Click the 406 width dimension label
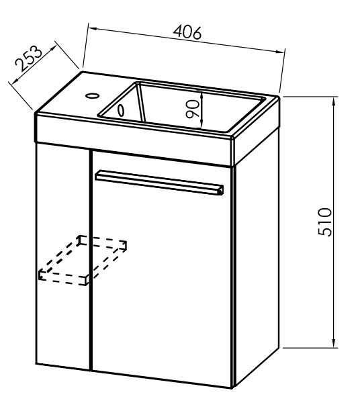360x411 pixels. (x=187, y=32)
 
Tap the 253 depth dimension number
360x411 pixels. (x=28, y=58)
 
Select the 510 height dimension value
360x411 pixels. (x=324, y=222)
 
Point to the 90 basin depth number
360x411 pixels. (x=193, y=109)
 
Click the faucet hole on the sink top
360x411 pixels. (x=92, y=95)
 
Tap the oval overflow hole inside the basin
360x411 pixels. (x=121, y=110)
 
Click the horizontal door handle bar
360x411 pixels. (x=159, y=182)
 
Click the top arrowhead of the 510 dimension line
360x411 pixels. (x=334, y=101)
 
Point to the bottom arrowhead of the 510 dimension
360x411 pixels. (x=334, y=343)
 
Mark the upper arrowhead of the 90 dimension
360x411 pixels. (x=201, y=94)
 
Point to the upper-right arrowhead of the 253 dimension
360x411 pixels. (x=52, y=48)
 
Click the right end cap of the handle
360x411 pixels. (x=221, y=190)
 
